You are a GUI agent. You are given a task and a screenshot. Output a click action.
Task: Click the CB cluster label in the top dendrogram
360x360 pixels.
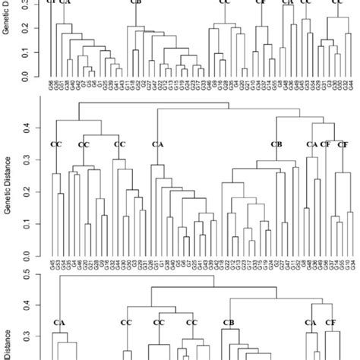[136, 2]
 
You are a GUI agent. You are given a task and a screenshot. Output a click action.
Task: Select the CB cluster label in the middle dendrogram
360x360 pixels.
[276, 144]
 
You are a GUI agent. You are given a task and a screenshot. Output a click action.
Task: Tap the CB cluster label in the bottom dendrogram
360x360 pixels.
[228, 323]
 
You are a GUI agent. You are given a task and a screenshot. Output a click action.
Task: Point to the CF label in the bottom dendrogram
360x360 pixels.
[330, 323]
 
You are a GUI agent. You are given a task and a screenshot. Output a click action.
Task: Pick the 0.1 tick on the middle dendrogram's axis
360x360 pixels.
[35, 225]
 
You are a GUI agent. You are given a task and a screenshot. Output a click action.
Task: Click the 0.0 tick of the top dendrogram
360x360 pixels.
[35, 77]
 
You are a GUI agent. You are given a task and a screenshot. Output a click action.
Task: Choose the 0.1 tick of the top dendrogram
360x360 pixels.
[35, 52]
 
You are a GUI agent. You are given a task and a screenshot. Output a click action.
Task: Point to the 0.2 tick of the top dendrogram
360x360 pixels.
[35, 28]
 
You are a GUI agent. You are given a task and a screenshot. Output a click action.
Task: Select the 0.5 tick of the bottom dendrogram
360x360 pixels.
[35, 275]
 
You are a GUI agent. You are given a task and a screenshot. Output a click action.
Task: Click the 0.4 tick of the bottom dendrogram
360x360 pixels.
[35, 305]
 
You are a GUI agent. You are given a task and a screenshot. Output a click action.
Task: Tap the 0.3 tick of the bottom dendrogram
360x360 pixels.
[35, 336]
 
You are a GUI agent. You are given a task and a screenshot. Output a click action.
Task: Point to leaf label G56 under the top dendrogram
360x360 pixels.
[51, 87]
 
